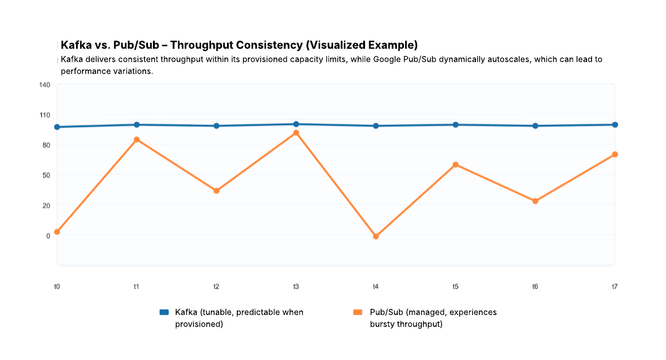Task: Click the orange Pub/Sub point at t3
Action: pos(296,133)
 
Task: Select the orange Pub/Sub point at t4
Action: pos(376,236)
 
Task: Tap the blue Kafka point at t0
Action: pos(57,127)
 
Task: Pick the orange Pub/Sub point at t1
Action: pos(137,140)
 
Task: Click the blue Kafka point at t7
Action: pos(615,125)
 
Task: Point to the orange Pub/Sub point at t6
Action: pos(535,201)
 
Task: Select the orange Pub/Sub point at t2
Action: pos(216,191)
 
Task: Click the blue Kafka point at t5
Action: pos(456,125)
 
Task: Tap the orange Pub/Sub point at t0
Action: pos(57,232)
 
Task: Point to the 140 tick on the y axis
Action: pos(44,84)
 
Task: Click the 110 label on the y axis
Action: pos(44,115)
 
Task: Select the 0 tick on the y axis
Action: pos(47,235)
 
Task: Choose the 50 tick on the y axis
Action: pos(46,175)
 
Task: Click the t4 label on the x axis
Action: pos(376,287)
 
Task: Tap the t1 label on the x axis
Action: pos(136,287)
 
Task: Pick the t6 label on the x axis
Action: pos(535,287)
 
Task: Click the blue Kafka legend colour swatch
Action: pos(164,313)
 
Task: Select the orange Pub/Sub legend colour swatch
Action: pos(358,313)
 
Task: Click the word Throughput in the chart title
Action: pos(205,46)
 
